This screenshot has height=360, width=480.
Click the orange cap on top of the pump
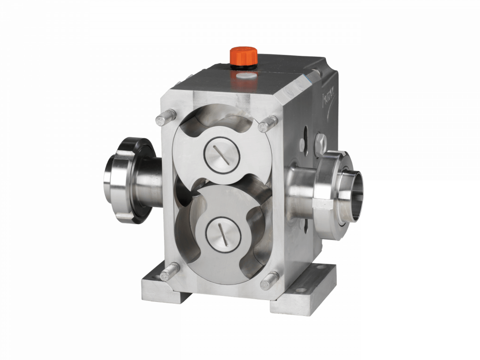point(243,55)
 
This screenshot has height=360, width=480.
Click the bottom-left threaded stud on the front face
point(169,271)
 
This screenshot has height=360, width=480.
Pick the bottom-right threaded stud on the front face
point(269,280)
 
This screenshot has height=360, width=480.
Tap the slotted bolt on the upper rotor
point(223,154)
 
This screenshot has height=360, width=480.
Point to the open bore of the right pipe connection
point(353,189)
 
